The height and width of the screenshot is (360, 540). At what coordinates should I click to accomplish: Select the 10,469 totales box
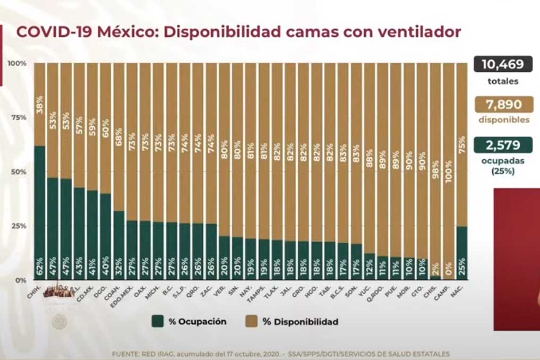pyautogui.click(x=502, y=65)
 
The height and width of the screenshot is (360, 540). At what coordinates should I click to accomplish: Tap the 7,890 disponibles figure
pyautogui.click(x=502, y=104)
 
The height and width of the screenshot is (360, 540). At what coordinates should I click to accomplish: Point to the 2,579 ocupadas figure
pyautogui.click(x=502, y=144)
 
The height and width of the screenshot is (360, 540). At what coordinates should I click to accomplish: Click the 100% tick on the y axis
pyautogui.click(x=17, y=63)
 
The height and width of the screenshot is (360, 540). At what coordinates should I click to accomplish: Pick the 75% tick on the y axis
pyautogui.click(x=19, y=117)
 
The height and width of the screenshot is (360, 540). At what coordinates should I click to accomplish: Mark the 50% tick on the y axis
pyautogui.click(x=19, y=172)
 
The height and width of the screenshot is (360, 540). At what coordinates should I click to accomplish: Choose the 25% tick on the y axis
pyautogui.click(x=19, y=226)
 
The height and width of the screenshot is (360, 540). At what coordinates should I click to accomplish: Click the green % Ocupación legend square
pyautogui.click(x=157, y=321)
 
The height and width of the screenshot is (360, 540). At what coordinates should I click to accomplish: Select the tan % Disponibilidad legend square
pyautogui.click(x=252, y=321)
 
